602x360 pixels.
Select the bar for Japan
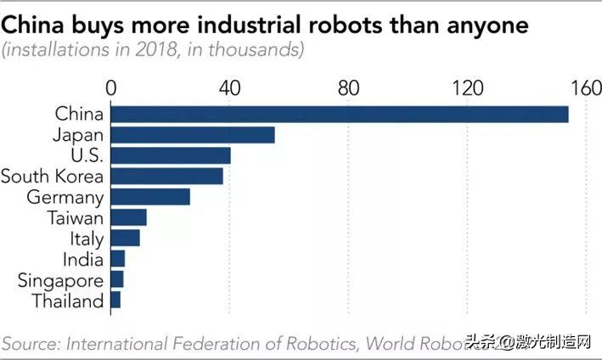tap(193, 134)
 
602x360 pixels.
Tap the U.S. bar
tap(171, 155)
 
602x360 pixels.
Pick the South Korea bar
tap(167, 176)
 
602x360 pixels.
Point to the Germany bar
tap(150, 197)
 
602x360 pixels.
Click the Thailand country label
tap(68, 301)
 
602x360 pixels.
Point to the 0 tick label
tap(110, 87)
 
